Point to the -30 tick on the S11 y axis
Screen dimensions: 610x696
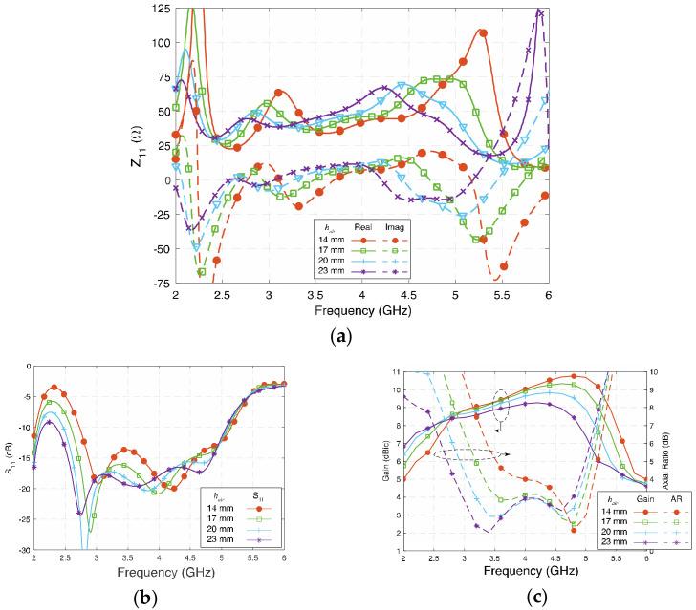[x=22, y=551]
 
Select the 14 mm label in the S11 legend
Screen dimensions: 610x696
[x=217, y=507]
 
